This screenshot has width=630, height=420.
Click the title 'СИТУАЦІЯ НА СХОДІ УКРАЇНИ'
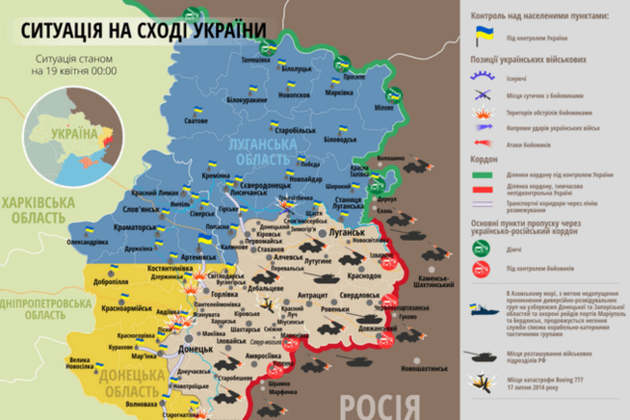coord(144,32)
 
